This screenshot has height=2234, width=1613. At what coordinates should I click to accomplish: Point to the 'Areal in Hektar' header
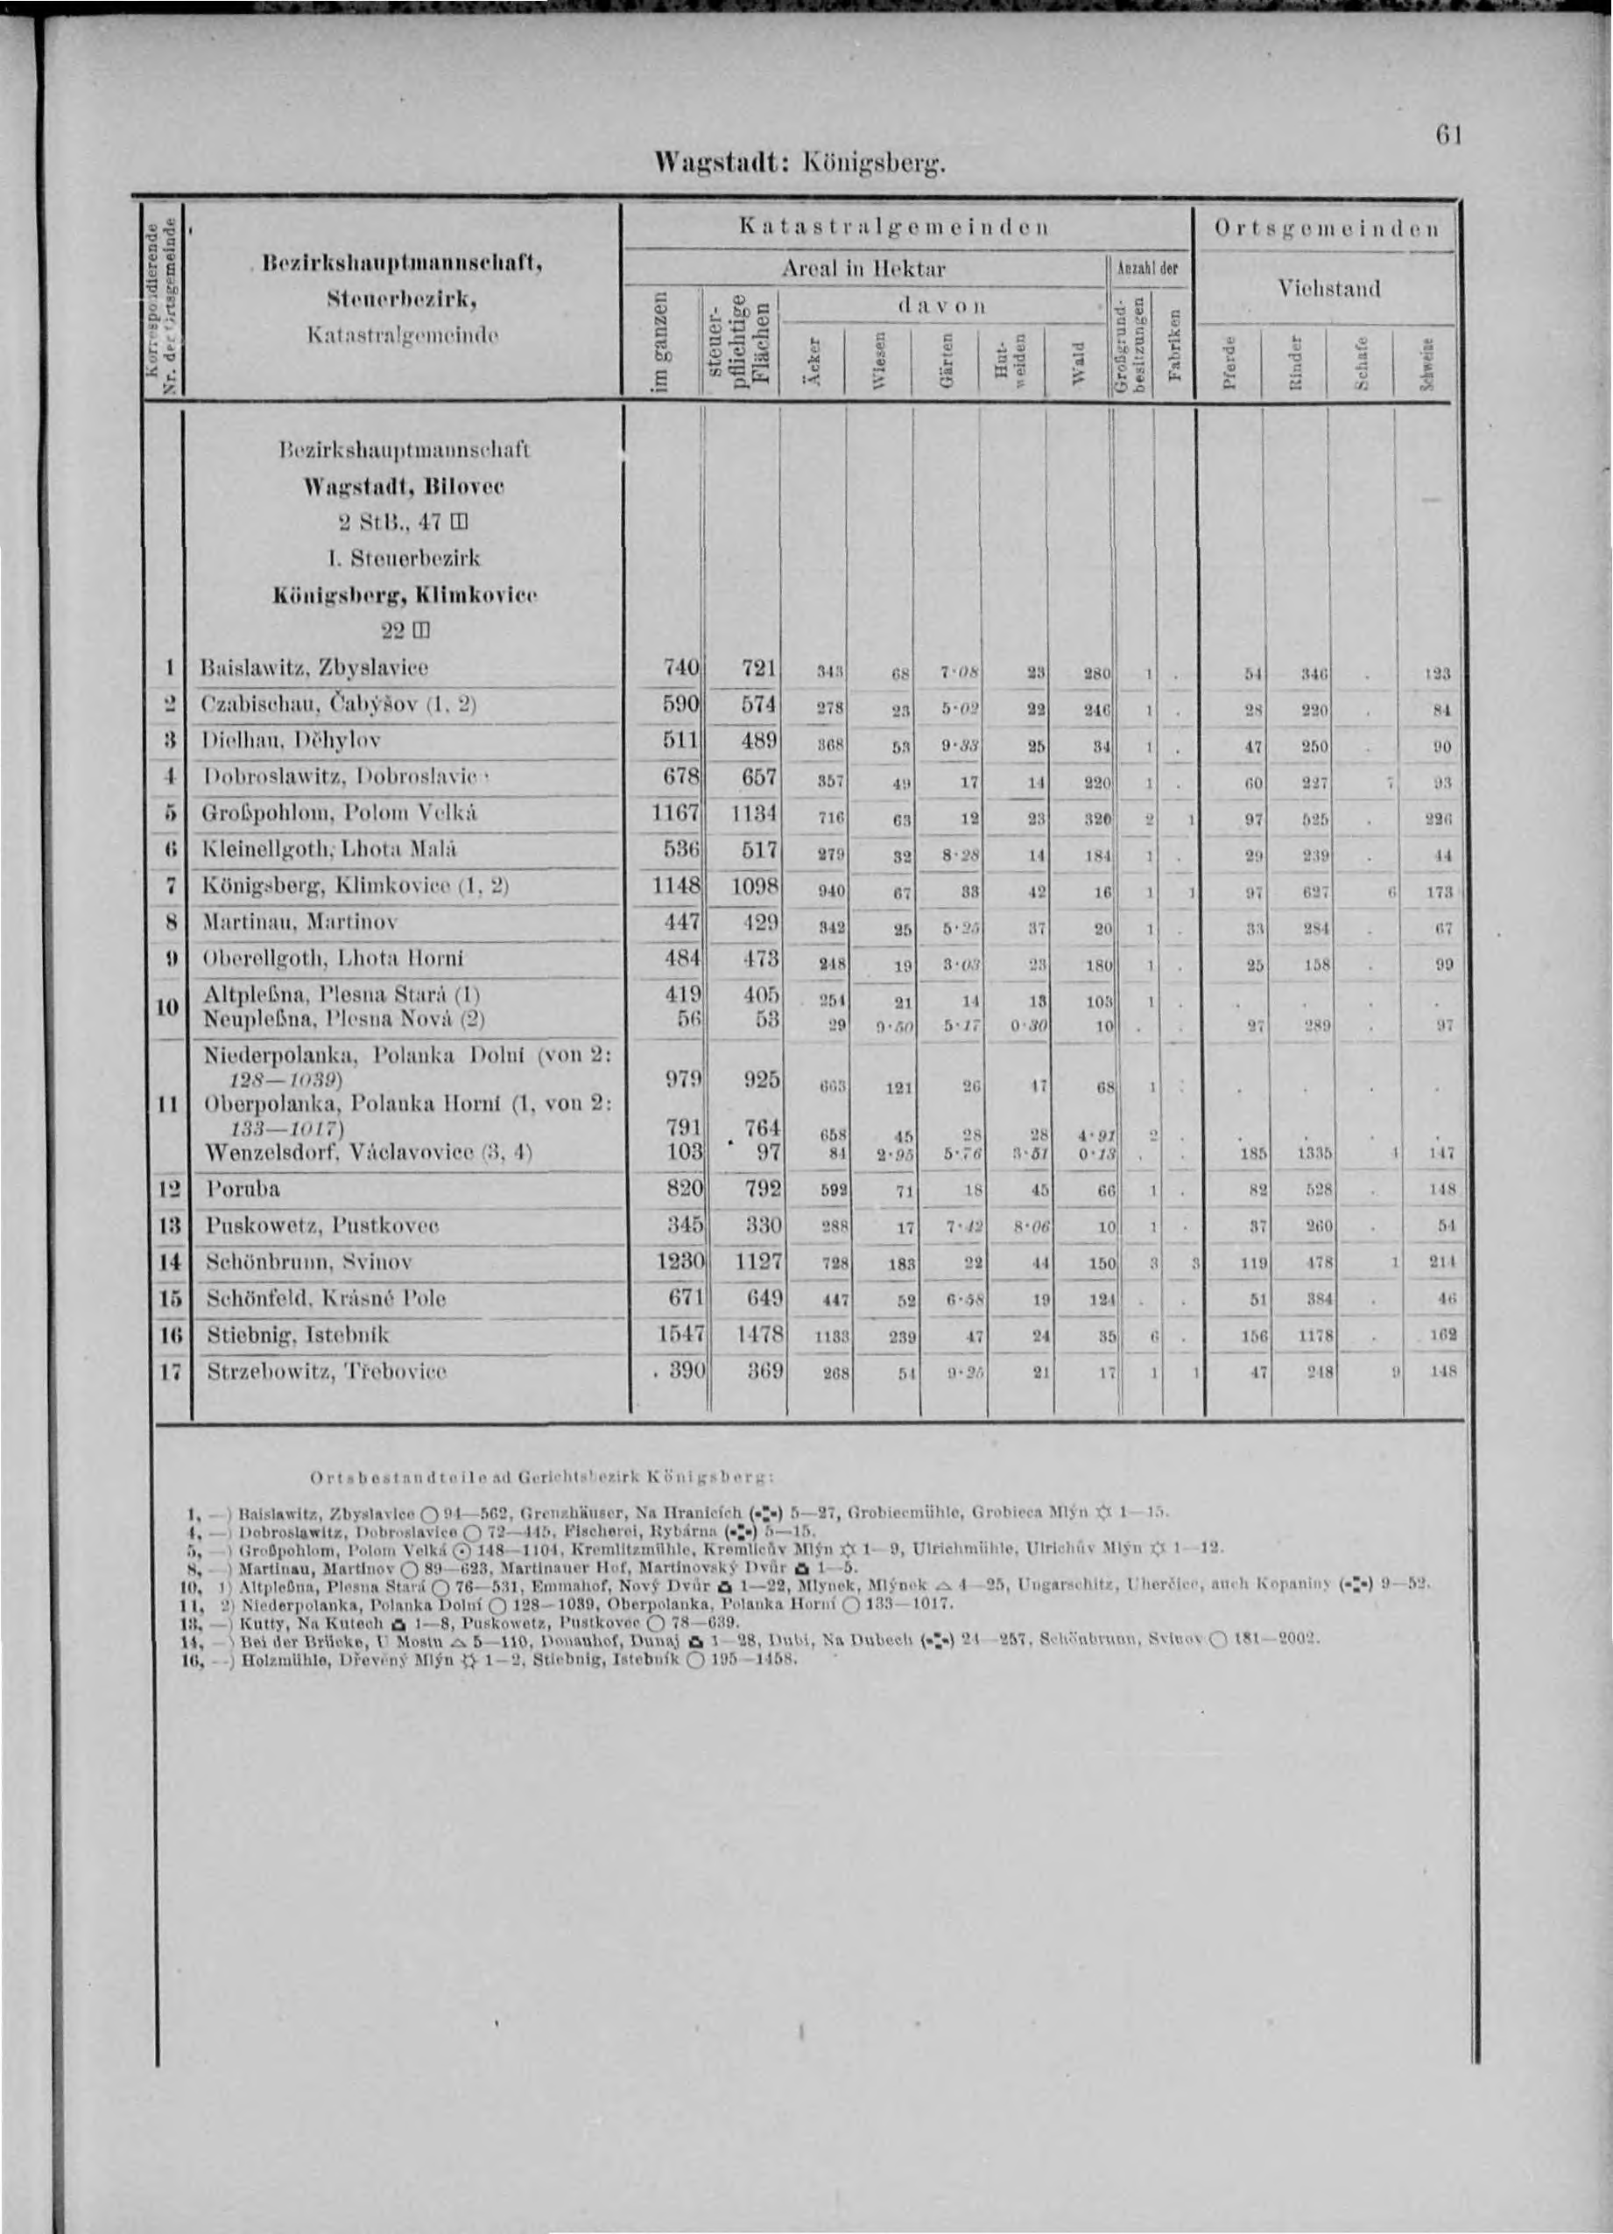tap(864, 269)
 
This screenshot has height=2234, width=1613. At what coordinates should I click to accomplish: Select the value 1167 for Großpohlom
tap(675, 813)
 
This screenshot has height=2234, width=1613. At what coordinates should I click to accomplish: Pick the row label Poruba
tap(244, 1188)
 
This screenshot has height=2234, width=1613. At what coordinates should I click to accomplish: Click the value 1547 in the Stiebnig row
tap(675, 1334)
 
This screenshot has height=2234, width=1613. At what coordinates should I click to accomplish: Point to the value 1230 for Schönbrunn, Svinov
tap(675, 1261)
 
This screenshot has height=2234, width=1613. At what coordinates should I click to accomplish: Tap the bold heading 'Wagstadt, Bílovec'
tap(405, 487)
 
